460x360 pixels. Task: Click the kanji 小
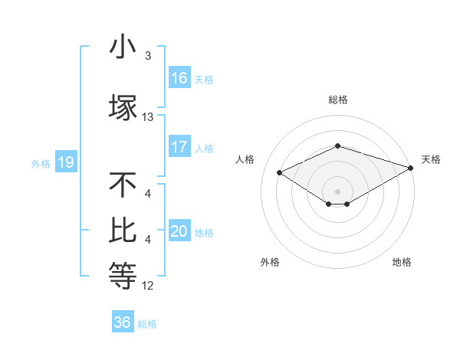pos(123,47)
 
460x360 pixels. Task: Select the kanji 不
pos(123,185)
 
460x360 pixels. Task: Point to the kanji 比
pos(123,231)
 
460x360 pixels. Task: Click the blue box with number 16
pos(179,78)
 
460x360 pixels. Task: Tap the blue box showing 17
pos(179,147)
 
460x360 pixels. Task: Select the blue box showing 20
pos(179,231)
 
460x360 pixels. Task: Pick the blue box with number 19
pos(65,162)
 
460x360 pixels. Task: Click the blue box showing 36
pos(123,322)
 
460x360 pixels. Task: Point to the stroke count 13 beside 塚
pos(148,117)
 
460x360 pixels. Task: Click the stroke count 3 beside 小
pos(148,56)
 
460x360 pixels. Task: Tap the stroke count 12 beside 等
pos(148,286)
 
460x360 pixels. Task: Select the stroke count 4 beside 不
pos(148,194)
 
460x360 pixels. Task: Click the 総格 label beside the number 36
pos(147,324)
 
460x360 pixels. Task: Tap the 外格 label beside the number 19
pos(40,164)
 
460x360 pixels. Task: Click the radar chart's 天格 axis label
pos(431,159)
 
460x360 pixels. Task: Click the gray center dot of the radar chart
pos(337,190)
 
